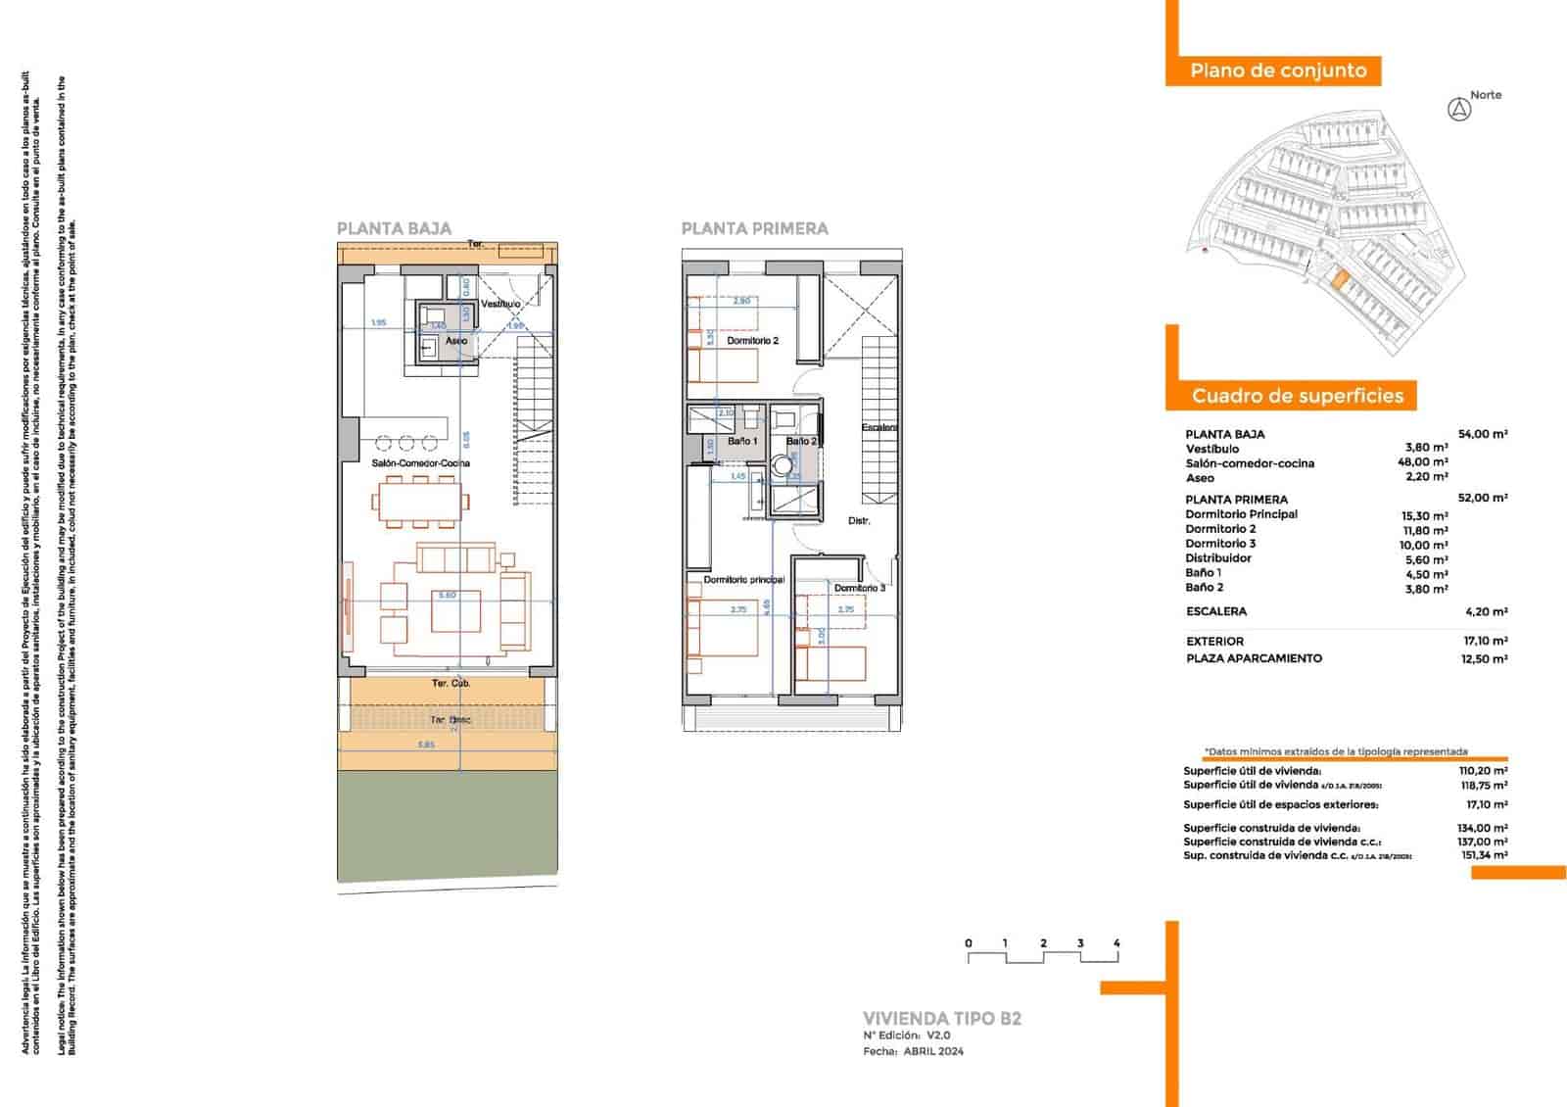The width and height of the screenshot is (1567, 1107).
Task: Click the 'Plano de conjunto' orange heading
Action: (1277, 71)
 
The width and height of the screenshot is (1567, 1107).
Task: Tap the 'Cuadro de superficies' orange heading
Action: (1297, 396)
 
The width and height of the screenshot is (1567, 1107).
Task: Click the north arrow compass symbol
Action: (1459, 110)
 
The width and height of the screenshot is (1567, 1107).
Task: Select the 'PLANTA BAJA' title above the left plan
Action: (394, 228)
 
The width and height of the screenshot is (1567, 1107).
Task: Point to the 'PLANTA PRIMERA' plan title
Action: (754, 228)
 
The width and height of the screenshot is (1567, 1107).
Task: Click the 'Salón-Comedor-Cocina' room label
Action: (421, 462)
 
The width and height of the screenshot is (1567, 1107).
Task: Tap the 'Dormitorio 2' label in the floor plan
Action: (752, 341)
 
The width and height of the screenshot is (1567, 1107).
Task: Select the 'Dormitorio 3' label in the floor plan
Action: (859, 588)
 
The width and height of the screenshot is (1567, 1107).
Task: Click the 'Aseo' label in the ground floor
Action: (456, 341)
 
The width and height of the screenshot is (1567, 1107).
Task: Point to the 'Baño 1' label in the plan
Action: (741, 442)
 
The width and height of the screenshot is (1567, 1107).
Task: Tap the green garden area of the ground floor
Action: (448, 825)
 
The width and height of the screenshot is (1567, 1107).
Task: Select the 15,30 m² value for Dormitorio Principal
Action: (1424, 515)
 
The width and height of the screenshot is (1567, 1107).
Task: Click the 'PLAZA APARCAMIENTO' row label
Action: (1254, 658)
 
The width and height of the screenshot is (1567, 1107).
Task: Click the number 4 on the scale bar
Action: (1116, 943)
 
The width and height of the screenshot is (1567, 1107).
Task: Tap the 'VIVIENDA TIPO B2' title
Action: (941, 1018)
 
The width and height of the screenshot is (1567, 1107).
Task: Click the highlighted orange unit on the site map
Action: (1339, 280)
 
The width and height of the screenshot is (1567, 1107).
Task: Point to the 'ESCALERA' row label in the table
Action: (1215, 611)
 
